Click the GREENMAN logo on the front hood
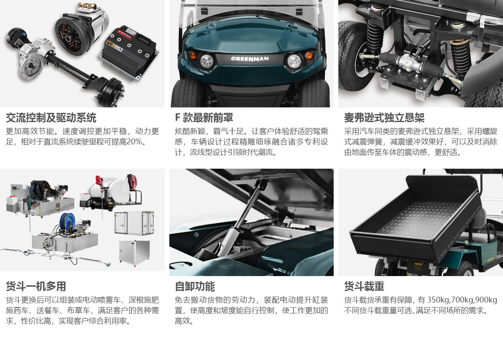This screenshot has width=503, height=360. pyautogui.click(x=250, y=59)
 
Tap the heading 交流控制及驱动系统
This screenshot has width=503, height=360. pyautogui.click(x=51, y=118)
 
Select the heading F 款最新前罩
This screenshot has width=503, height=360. pyautogui.click(x=204, y=118)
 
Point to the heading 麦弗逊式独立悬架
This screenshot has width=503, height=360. pyautogui.click(x=384, y=118)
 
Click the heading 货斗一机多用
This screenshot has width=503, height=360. pyautogui.click(x=36, y=286)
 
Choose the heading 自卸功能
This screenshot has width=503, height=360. pyautogui.click(x=195, y=286)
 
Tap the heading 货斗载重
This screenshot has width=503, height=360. pyautogui.click(x=364, y=286)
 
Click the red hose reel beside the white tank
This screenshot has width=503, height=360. pyautogui.click(x=132, y=181)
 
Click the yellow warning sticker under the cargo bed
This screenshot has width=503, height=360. pyautogui.click(x=418, y=266)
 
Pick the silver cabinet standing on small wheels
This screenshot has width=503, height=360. pyautogui.click(x=134, y=253)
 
